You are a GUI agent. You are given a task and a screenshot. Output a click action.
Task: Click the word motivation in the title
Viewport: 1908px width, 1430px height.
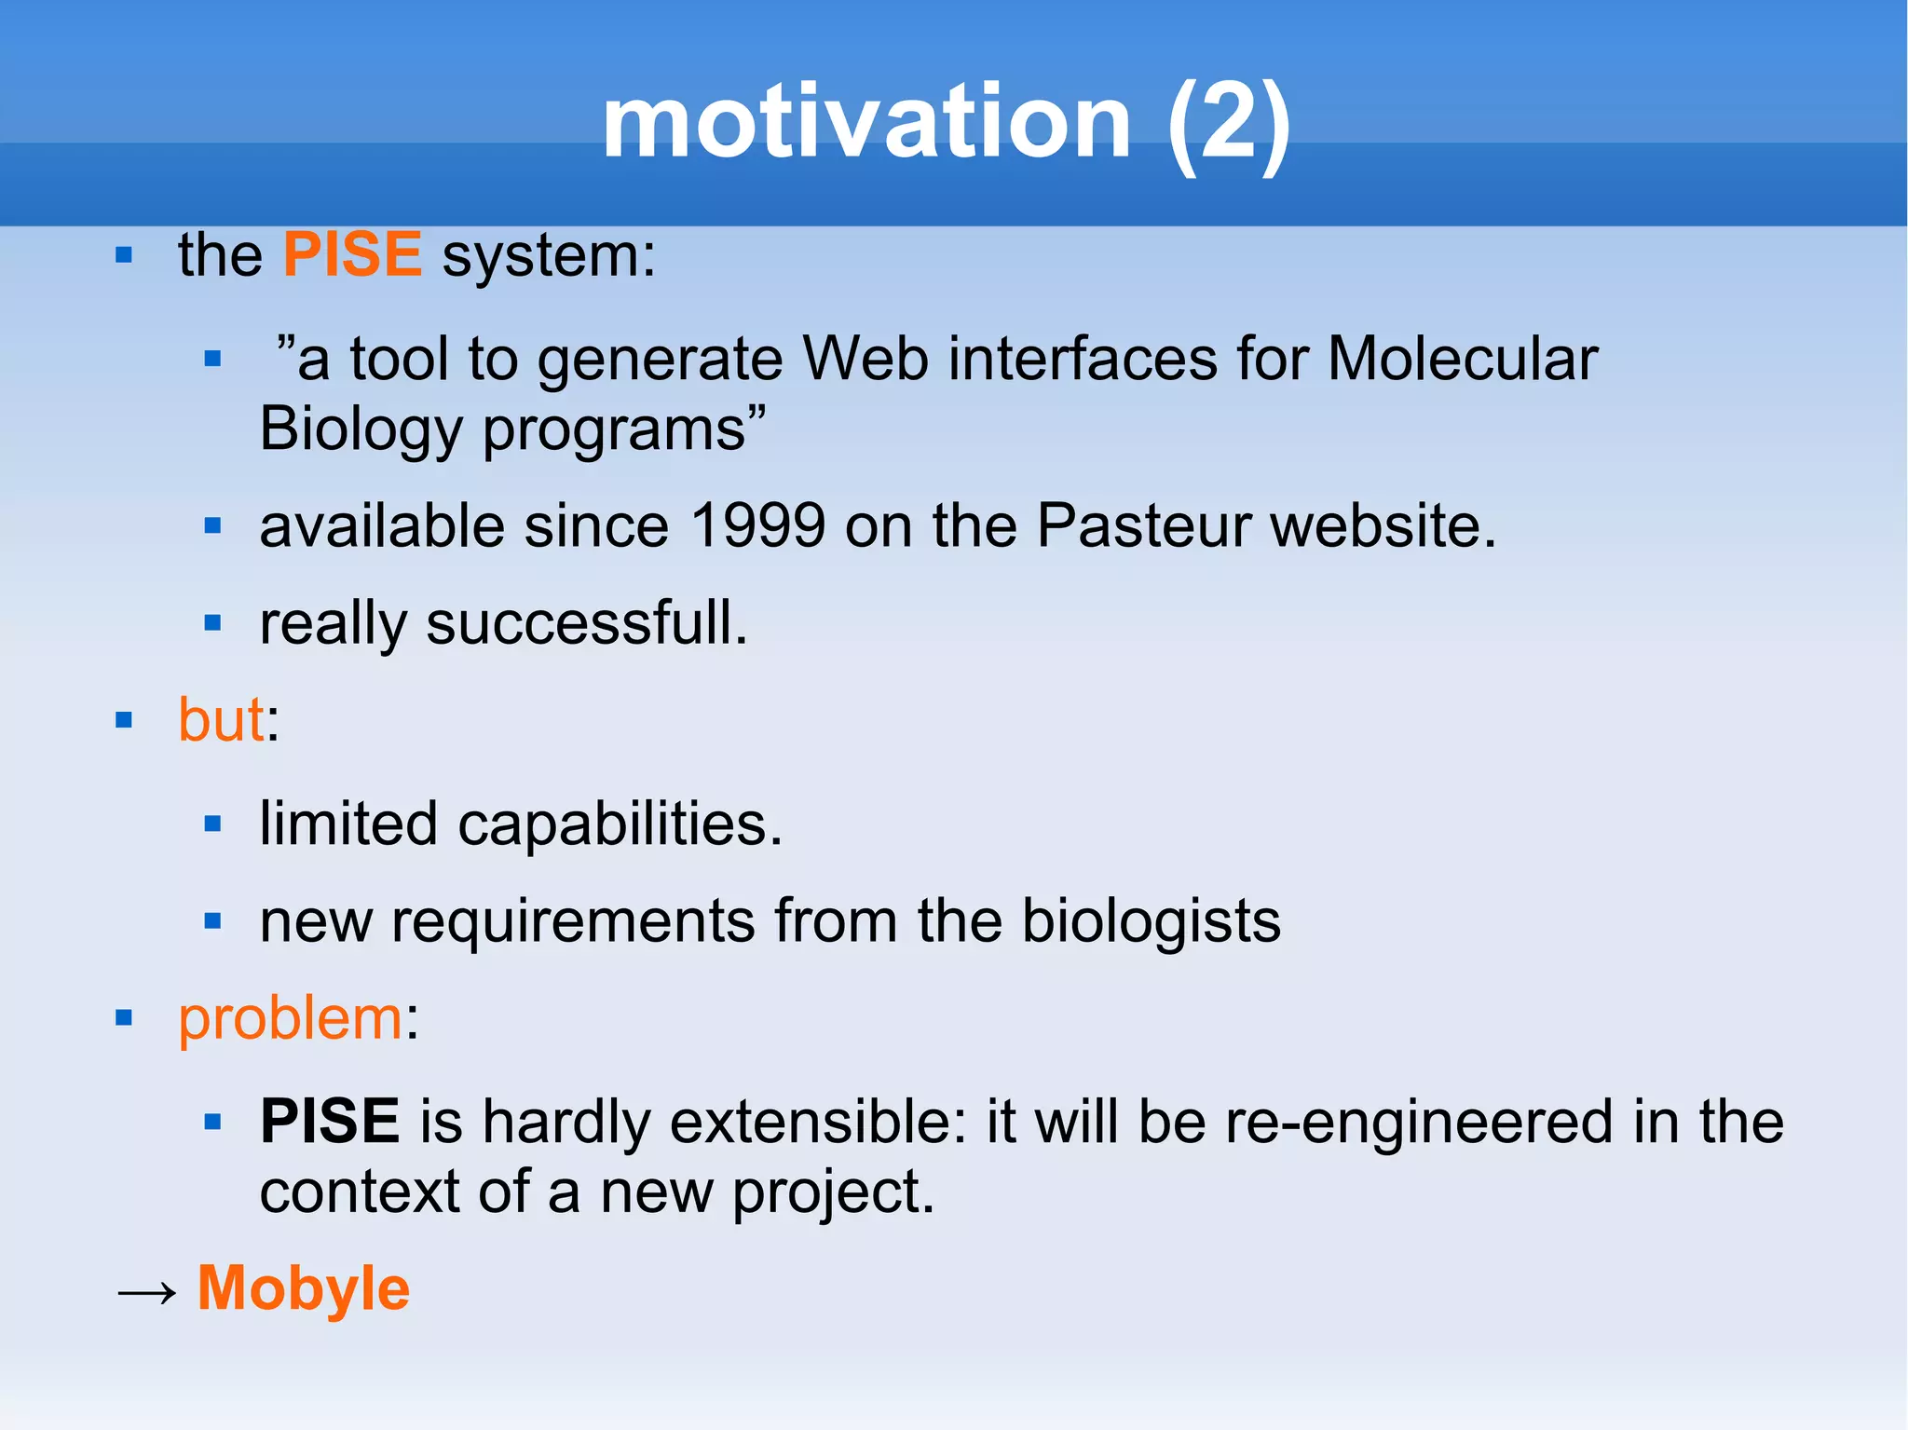(865, 123)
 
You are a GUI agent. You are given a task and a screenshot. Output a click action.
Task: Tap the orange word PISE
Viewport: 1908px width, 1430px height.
(352, 254)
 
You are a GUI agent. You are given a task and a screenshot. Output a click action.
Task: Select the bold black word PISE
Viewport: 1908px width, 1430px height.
(330, 1121)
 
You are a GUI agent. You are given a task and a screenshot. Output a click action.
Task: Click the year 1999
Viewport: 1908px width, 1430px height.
(757, 525)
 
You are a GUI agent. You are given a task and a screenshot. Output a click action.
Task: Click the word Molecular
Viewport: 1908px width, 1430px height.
(1462, 359)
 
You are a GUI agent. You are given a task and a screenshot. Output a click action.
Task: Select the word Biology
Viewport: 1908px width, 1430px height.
(361, 429)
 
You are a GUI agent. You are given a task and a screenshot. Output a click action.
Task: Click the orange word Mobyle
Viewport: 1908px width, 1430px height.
(304, 1288)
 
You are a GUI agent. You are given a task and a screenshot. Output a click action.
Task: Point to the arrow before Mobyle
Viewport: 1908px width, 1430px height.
(146, 1292)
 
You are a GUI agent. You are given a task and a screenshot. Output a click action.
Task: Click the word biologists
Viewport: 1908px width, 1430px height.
(1151, 921)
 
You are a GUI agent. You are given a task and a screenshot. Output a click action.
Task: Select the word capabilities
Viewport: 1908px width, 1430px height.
(620, 824)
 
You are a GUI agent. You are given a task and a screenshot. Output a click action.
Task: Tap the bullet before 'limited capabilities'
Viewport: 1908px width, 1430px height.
(212, 824)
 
